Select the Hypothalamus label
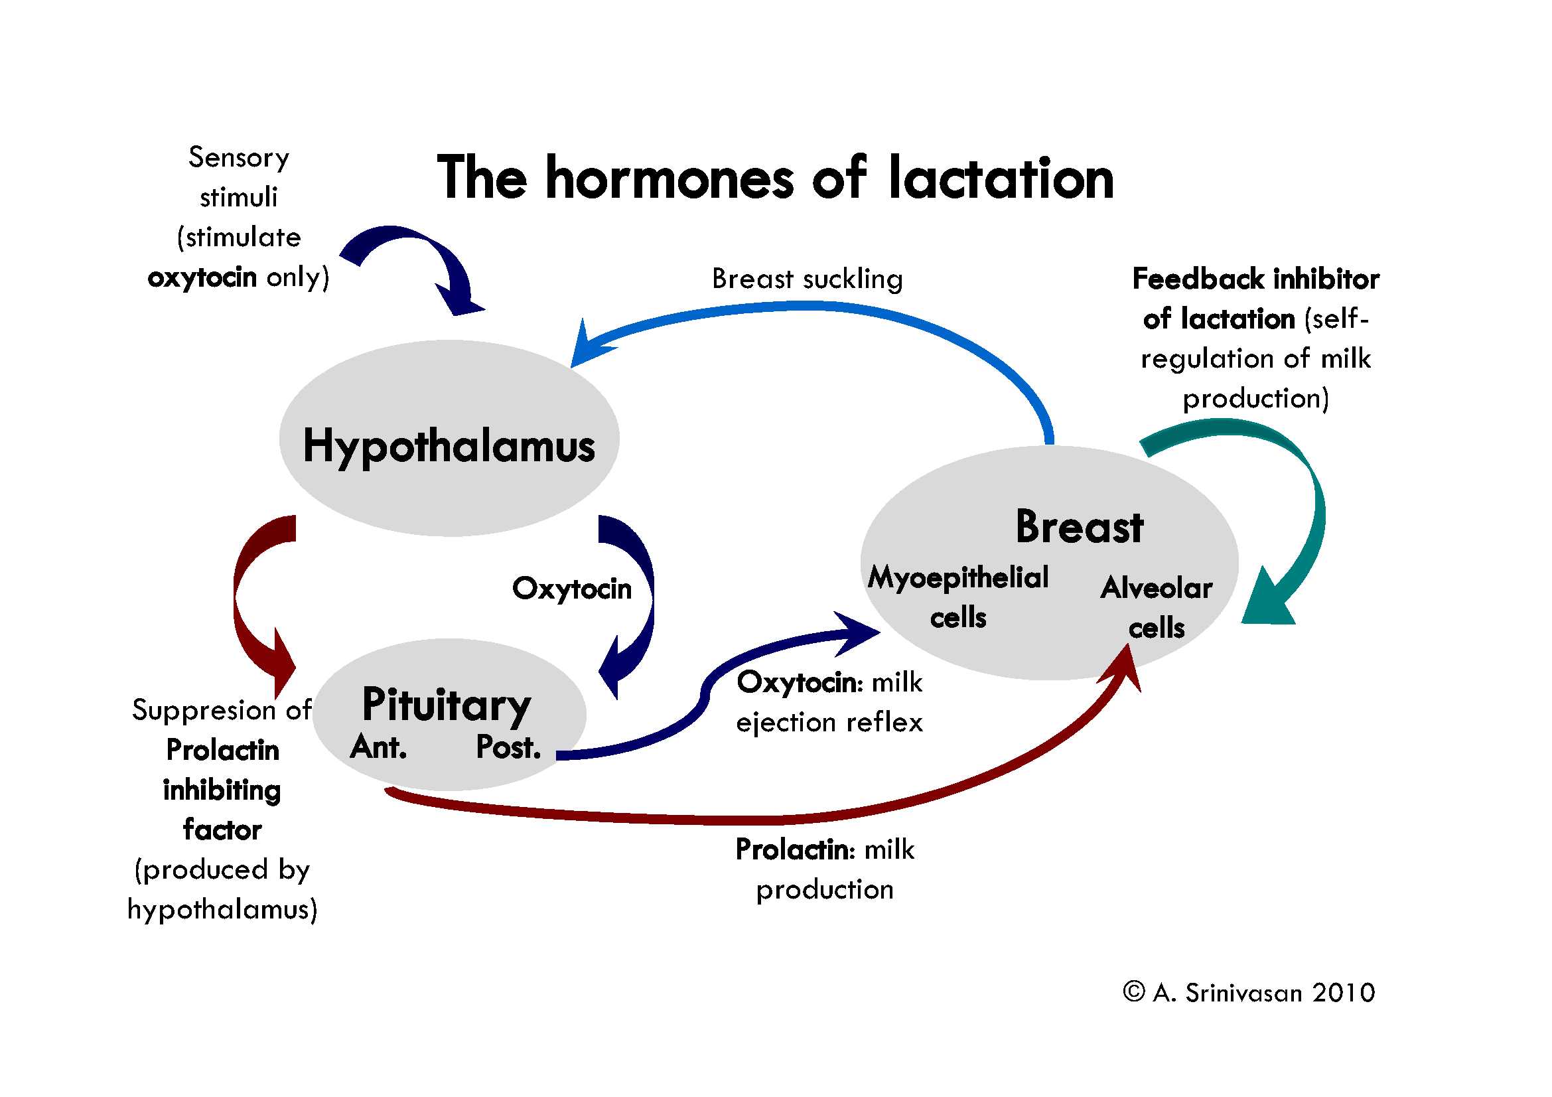point(449,446)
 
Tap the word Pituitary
point(446,705)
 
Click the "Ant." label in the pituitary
point(378,747)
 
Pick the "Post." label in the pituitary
point(508,747)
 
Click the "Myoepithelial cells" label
point(959,597)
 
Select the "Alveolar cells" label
point(1157,607)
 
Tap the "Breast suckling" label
point(807,279)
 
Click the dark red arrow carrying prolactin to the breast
point(778,819)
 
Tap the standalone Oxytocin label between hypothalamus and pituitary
point(572,589)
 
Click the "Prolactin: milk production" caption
point(825,869)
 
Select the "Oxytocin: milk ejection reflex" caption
point(829,702)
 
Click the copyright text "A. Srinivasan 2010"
point(1264,993)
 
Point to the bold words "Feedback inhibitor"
point(1256,279)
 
